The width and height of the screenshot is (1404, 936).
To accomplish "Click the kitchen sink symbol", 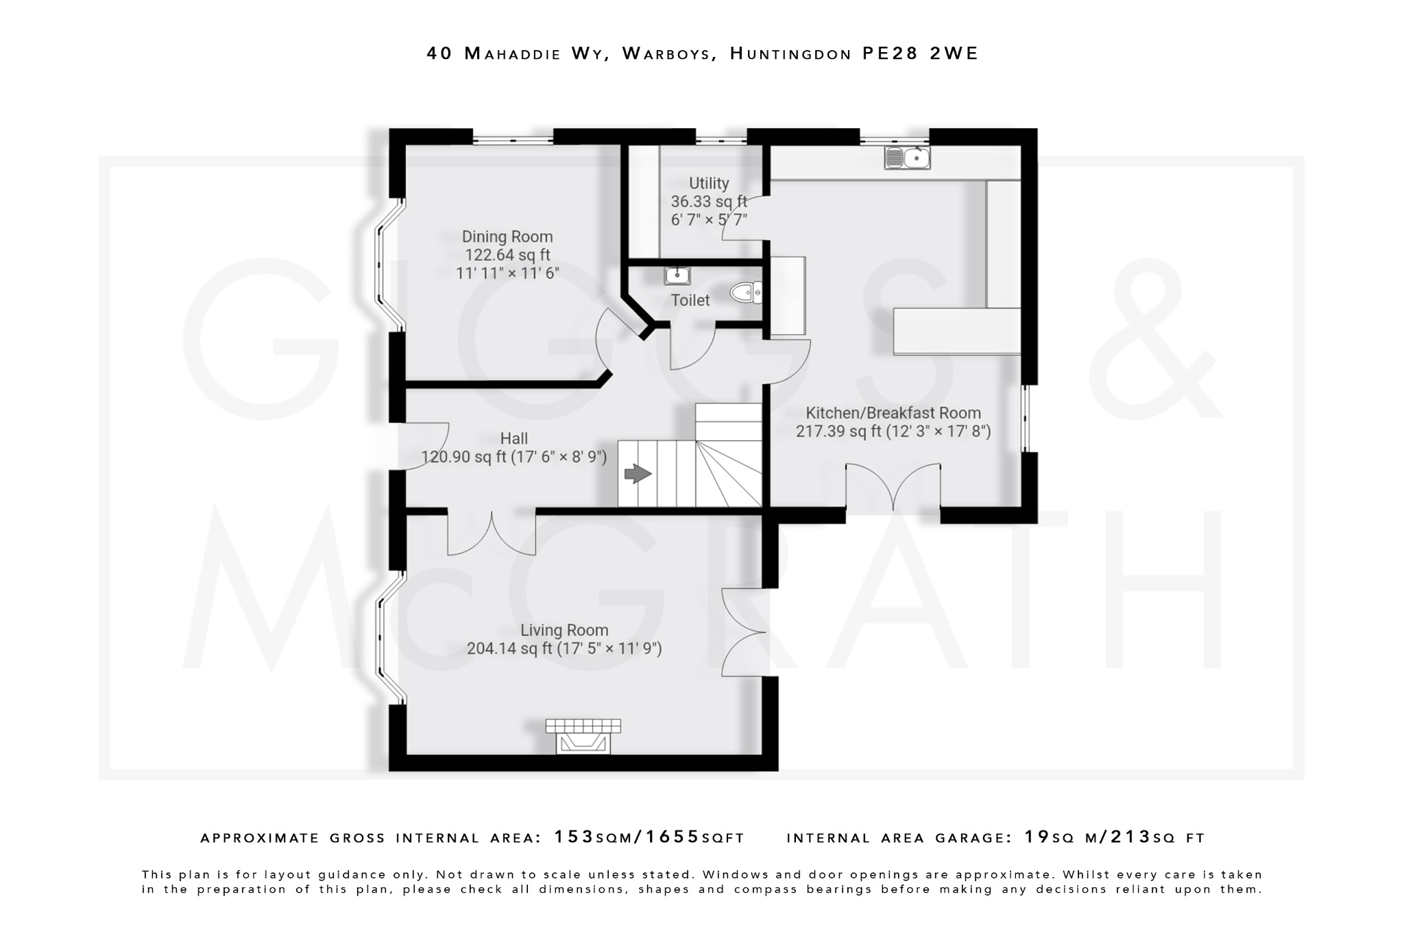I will (906, 158).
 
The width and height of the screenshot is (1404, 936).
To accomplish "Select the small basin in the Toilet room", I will (677, 276).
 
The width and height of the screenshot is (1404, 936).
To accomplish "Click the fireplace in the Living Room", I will (583, 736).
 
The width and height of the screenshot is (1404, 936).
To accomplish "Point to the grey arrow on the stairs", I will (638, 473).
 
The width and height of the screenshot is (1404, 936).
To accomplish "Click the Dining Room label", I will (507, 237).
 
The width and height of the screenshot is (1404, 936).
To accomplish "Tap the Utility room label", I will (709, 184).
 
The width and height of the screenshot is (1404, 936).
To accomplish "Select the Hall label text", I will (514, 439).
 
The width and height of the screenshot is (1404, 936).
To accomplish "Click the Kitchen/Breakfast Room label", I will (893, 413).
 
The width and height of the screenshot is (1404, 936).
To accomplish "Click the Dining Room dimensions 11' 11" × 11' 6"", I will (507, 273).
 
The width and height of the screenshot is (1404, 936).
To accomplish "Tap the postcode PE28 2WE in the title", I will (920, 53).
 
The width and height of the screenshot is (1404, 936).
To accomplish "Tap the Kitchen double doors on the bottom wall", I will (893, 488).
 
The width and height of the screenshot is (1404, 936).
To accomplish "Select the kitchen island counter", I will (957, 331).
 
